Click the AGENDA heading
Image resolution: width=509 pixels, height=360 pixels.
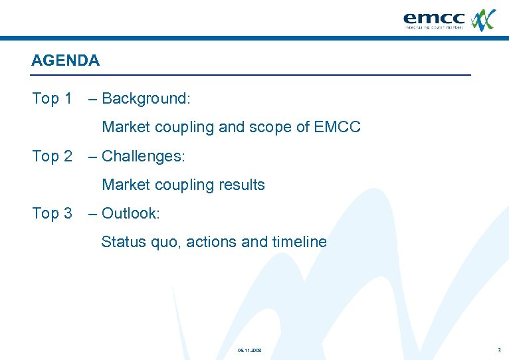(65, 60)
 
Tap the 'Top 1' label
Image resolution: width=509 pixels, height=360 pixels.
(52, 99)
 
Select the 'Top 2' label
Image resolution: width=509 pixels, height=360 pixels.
(52, 157)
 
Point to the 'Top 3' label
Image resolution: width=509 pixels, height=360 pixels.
(52, 214)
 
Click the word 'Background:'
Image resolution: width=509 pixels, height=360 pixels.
(146, 99)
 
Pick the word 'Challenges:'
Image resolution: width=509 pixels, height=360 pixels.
(144, 157)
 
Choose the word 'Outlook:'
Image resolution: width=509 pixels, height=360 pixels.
(131, 214)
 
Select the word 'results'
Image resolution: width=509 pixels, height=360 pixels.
(243, 185)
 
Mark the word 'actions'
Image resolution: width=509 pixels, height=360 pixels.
(211, 242)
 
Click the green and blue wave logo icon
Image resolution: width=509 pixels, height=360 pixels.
(483, 19)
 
